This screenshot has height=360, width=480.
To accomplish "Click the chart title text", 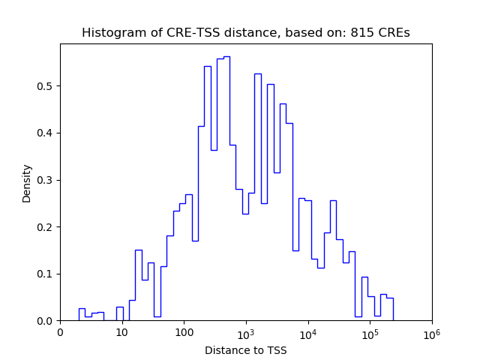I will click(245, 33).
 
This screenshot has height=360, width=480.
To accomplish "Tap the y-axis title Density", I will click(27, 183).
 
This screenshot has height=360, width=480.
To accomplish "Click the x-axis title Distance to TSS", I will click(245, 349).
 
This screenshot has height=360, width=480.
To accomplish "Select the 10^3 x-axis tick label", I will click(246, 333).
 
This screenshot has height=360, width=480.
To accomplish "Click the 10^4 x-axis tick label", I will click(307, 333).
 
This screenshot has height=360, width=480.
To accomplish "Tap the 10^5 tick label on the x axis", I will click(370, 333).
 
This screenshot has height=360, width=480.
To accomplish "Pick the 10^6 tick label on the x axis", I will click(431, 333).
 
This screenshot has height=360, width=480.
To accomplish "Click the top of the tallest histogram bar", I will click(226, 56).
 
